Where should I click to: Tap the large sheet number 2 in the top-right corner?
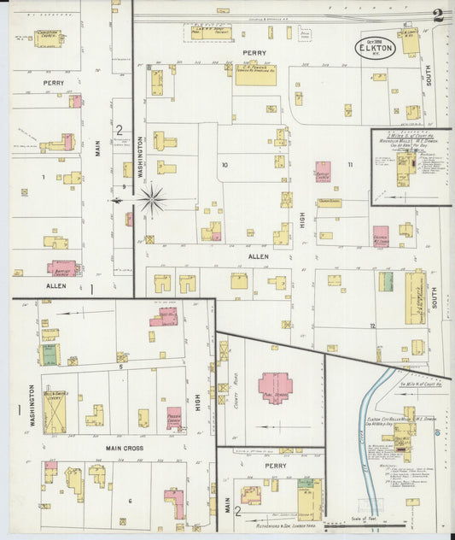pos(438,15)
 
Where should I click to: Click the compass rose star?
pos(152,200)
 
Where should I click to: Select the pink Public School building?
pos(275,385)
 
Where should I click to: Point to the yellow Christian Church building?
pos(47,38)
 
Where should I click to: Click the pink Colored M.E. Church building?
pos(380,236)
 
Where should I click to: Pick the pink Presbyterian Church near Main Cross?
pos(174,418)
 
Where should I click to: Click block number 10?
pos(225,164)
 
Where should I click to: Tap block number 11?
pos(349,164)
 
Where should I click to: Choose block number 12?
pos(372,326)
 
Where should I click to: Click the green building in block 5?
pos(50,354)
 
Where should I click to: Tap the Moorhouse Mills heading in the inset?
pos(410,139)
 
